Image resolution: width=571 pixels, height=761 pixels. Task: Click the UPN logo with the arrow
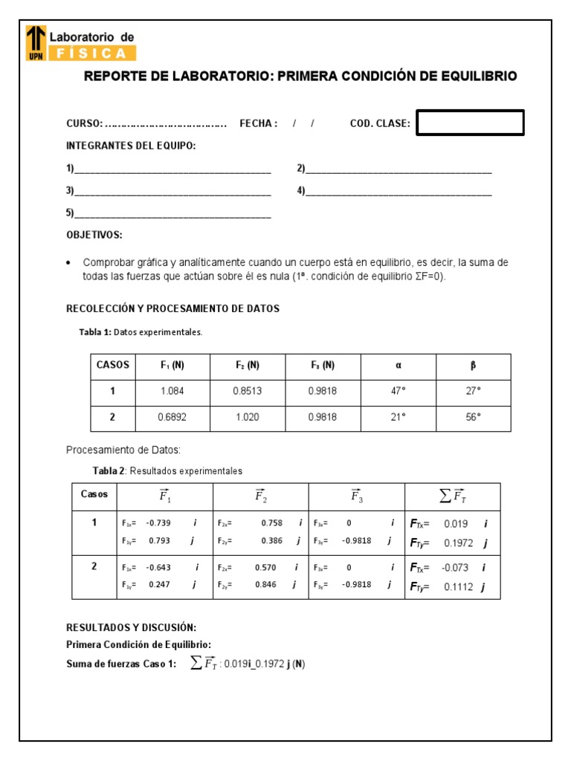[x=35, y=42]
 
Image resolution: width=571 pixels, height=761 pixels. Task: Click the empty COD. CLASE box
[x=470, y=123]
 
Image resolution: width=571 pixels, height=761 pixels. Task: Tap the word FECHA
[x=257, y=123]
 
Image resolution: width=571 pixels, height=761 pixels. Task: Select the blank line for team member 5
[x=172, y=213]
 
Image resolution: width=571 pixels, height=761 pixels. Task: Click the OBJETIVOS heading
[x=94, y=235]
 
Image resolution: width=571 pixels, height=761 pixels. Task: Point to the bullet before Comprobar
[x=69, y=263]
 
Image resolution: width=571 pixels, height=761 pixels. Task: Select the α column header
[x=399, y=366]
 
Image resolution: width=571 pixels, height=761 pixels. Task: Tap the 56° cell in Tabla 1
[x=474, y=417]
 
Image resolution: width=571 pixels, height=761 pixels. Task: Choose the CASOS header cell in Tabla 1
[x=113, y=365]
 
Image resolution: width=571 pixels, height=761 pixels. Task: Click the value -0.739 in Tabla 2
[x=158, y=522]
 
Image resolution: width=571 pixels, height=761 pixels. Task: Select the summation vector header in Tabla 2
[x=452, y=496]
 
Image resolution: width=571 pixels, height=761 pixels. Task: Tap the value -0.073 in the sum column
[x=455, y=568]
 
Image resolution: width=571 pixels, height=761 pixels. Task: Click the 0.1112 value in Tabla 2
[x=458, y=587]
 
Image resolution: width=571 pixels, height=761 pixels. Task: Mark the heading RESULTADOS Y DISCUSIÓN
[x=132, y=627]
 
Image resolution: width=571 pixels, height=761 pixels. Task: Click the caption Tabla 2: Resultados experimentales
[x=167, y=470]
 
